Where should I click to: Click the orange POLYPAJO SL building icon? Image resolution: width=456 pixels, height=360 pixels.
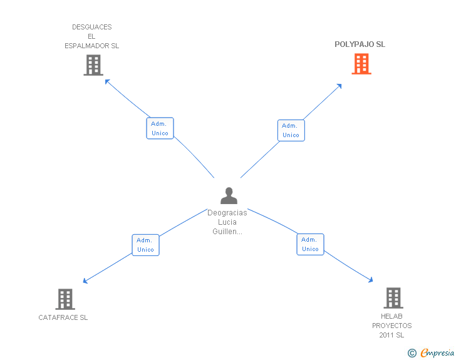(x=361, y=64)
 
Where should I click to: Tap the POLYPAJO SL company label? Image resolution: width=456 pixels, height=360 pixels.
(x=360, y=44)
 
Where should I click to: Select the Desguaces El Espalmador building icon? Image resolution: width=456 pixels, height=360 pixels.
(x=93, y=65)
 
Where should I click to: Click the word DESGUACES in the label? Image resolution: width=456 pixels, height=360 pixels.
(x=92, y=27)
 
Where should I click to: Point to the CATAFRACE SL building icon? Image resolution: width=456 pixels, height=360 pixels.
(x=65, y=299)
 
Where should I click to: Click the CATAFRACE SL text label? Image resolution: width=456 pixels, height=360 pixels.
(x=63, y=317)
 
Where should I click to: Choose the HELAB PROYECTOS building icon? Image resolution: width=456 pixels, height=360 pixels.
(x=393, y=298)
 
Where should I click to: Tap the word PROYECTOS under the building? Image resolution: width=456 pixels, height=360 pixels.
(x=391, y=326)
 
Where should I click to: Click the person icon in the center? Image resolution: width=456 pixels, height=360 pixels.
(x=229, y=195)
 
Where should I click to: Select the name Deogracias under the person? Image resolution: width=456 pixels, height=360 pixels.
(x=227, y=213)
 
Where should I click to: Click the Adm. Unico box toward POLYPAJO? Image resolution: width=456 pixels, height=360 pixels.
(x=291, y=130)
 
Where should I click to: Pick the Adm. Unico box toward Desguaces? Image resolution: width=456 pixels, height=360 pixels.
(x=160, y=128)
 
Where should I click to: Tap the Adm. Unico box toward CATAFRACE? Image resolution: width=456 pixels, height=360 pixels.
(x=145, y=245)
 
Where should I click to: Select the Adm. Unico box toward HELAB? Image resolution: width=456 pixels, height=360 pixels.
(x=310, y=244)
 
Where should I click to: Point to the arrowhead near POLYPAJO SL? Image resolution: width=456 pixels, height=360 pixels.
(x=339, y=86)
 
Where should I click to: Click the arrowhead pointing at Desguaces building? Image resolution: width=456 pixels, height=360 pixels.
(x=107, y=81)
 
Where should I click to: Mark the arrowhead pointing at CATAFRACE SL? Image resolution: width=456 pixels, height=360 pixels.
(x=85, y=280)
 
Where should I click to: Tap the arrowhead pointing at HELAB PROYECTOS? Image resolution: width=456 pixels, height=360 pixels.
(x=371, y=280)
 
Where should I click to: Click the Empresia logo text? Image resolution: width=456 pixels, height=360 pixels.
(x=437, y=352)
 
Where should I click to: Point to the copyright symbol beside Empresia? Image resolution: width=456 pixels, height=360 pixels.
(x=412, y=353)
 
